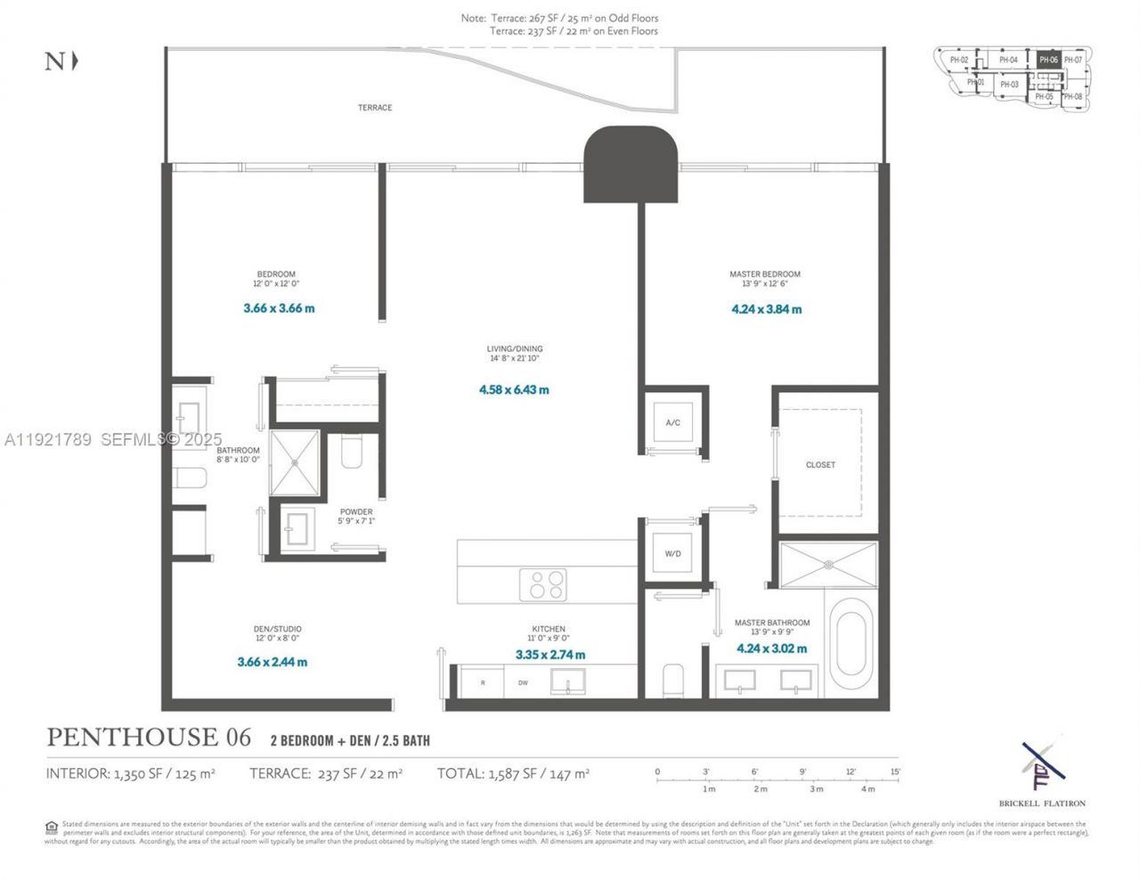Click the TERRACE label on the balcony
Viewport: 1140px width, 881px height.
(374, 108)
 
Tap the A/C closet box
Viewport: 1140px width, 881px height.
(672, 421)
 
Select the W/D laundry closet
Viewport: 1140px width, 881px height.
(672, 553)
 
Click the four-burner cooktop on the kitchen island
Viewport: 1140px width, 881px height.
(543, 585)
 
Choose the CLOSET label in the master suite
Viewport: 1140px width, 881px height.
(820, 465)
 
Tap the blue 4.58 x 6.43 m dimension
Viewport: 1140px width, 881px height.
(514, 390)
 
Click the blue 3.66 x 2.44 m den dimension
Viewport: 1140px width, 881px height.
(273, 662)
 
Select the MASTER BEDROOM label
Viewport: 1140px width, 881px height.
(764, 274)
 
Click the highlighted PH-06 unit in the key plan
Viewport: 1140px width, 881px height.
(1048, 60)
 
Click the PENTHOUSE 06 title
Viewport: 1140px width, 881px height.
(149, 738)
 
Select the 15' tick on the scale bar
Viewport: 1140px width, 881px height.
(894, 772)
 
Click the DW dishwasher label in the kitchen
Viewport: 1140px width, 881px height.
(523, 683)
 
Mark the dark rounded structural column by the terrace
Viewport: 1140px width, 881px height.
(631, 163)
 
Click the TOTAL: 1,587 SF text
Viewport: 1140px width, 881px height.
(513, 774)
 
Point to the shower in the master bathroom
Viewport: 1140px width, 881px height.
(828, 565)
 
